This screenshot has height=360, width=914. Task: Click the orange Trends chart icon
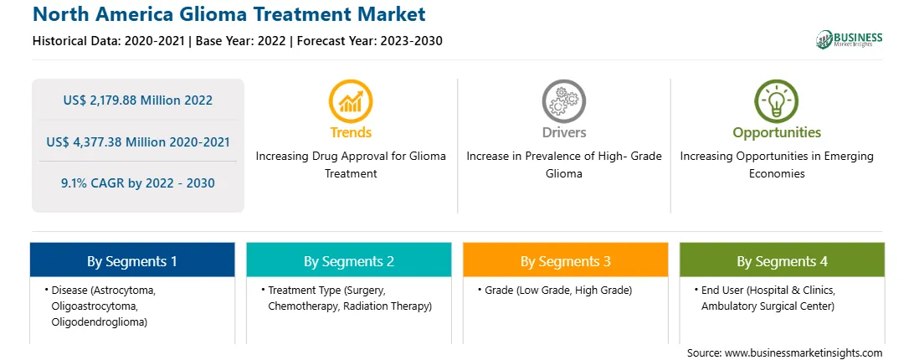pyautogui.click(x=351, y=101)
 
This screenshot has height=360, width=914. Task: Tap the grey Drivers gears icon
pyautogui.click(x=563, y=101)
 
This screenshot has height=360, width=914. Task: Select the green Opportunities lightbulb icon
pyautogui.click(x=777, y=101)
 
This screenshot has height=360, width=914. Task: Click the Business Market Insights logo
pyautogui.click(x=850, y=39)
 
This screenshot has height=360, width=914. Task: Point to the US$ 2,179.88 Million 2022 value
pyautogui.click(x=137, y=100)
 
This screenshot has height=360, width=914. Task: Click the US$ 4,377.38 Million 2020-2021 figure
pyautogui.click(x=137, y=141)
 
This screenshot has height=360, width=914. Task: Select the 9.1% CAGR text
pyautogui.click(x=137, y=183)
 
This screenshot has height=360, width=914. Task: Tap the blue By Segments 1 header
pyautogui.click(x=132, y=261)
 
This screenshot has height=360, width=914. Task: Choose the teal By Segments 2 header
pyautogui.click(x=348, y=261)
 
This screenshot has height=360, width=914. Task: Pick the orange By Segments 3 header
pyautogui.click(x=566, y=261)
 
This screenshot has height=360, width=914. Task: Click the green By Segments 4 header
pyautogui.click(x=783, y=261)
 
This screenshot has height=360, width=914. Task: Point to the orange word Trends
pyautogui.click(x=351, y=132)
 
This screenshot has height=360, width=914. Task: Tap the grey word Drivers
pyautogui.click(x=563, y=132)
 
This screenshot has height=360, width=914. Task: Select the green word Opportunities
pyautogui.click(x=777, y=133)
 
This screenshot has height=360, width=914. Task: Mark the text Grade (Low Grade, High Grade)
pyautogui.click(x=557, y=290)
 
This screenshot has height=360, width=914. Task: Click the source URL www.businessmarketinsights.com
pyautogui.click(x=804, y=353)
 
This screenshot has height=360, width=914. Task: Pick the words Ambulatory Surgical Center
pyautogui.click(x=768, y=306)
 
